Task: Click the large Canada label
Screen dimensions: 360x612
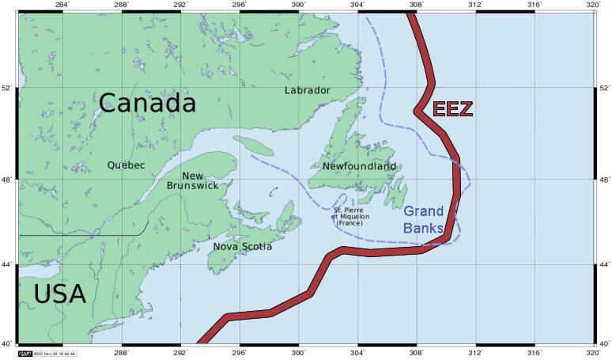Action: (148, 103)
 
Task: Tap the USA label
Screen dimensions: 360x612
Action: (59, 294)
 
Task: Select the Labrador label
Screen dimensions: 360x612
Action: (307, 90)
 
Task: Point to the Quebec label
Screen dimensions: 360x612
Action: (127, 165)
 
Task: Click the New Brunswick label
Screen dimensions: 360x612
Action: (193, 180)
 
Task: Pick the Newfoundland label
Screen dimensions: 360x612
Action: (359, 167)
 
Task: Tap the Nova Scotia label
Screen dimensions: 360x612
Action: (242, 247)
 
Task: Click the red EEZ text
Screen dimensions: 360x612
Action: (452, 109)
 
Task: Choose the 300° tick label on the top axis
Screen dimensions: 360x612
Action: (298, 5)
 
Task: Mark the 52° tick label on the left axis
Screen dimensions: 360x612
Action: (6, 88)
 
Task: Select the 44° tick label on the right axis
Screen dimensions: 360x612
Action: (604, 264)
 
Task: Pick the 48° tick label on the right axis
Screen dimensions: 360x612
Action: (604, 180)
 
